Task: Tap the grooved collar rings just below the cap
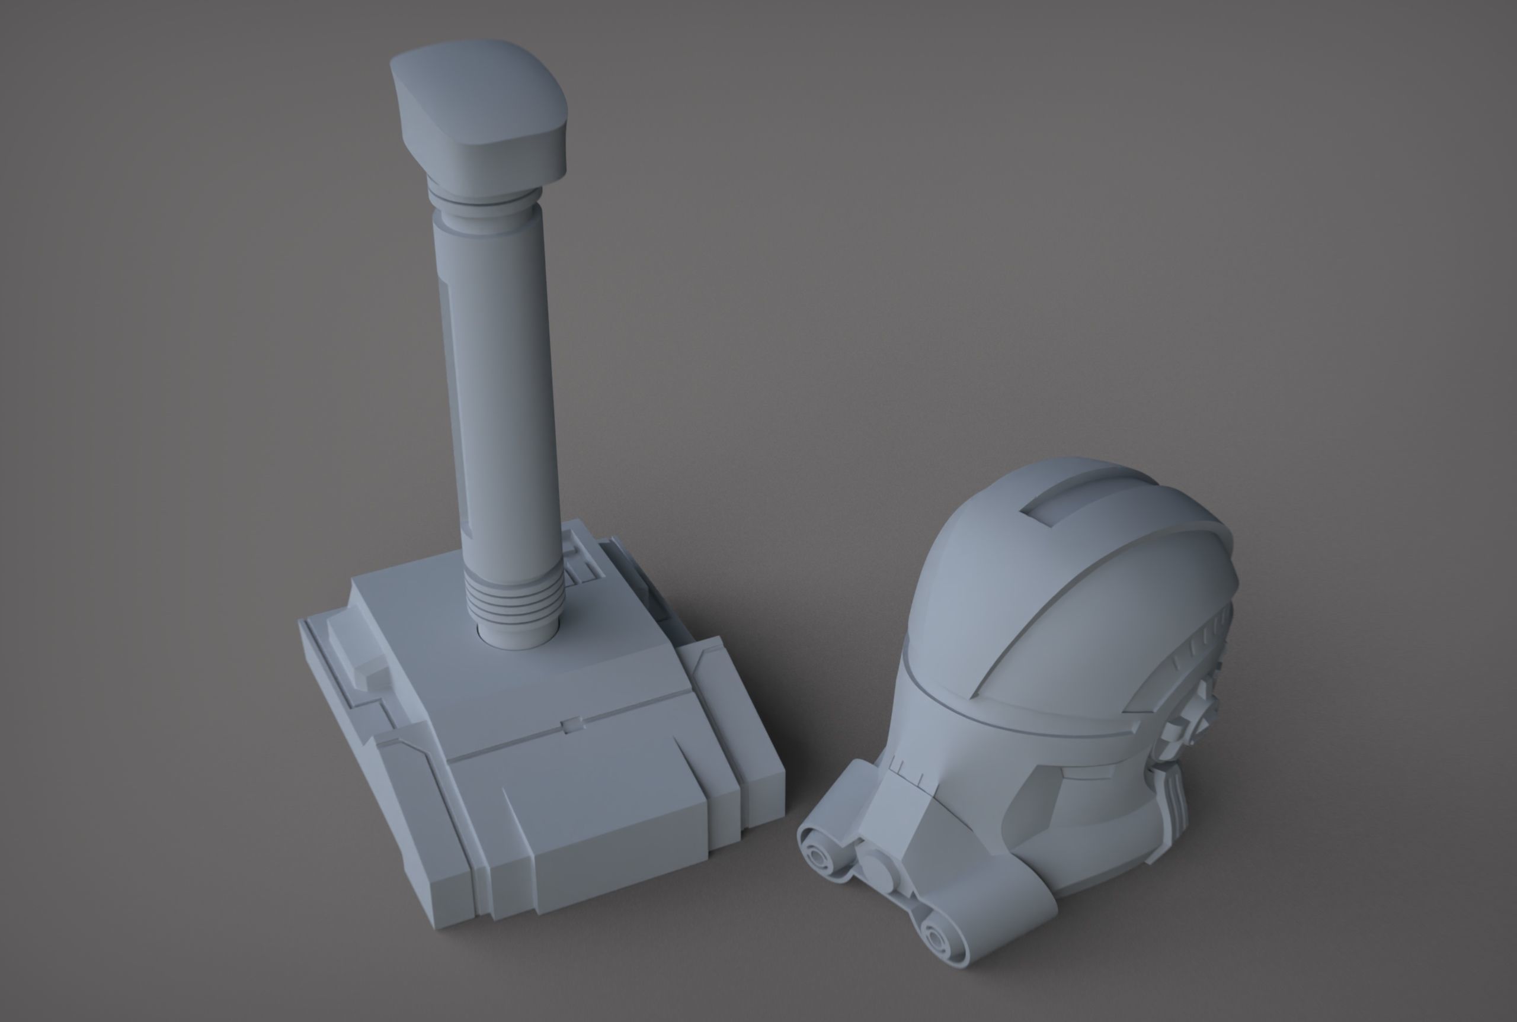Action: [x=484, y=199]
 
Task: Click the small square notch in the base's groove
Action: [x=572, y=724]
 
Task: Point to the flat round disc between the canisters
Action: [x=877, y=870]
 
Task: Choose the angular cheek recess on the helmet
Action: [x=1037, y=802]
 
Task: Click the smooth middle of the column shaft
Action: [x=499, y=391]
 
